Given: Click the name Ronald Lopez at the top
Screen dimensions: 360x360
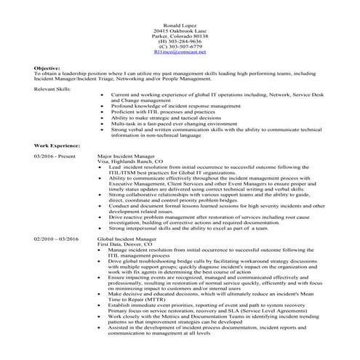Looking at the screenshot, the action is [180, 25].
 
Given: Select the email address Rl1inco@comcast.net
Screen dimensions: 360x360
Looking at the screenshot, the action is [180, 52].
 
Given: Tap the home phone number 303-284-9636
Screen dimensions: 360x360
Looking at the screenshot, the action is [180, 41].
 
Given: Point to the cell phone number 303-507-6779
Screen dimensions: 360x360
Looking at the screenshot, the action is [180, 47].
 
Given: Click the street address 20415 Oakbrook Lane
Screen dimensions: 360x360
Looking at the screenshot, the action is [180, 31].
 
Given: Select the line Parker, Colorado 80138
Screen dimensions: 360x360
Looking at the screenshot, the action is [180, 36].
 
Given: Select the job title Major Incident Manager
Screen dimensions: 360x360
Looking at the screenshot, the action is [126, 156].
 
